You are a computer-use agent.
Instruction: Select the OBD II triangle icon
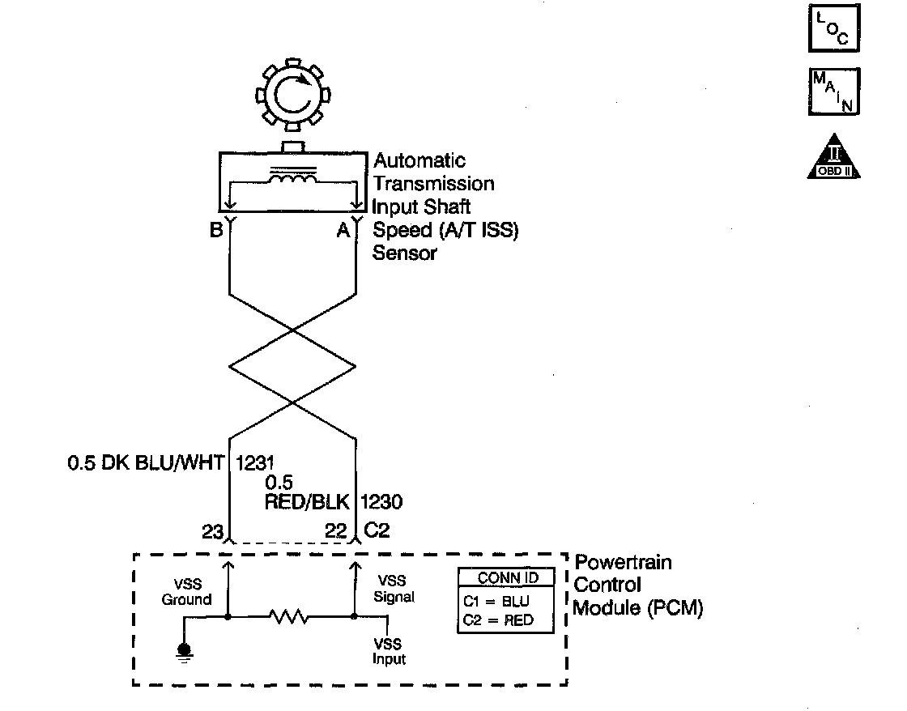pyautogui.click(x=833, y=156)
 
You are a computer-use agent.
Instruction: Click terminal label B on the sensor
pyautogui.click(x=215, y=231)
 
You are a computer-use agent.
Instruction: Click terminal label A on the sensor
pyautogui.click(x=343, y=231)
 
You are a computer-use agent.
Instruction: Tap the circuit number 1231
pyautogui.click(x=256, y=464)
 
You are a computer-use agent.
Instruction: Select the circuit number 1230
pyautogui.click(x=381, y=502)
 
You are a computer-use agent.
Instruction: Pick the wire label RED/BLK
pyautogui.click(x=308, y=502)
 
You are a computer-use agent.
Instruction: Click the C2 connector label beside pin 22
pyautogui.click(x=377, y=530)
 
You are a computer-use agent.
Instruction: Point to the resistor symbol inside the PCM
pyautogui.click(x=289, y=617)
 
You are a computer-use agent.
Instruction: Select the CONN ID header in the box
pyautogui.click(x=507, y=578)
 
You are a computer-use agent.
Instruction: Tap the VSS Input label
pyautogui.click(x=389, y=652)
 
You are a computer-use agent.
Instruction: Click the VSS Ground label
pyautogui.click(x=186, y=593)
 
